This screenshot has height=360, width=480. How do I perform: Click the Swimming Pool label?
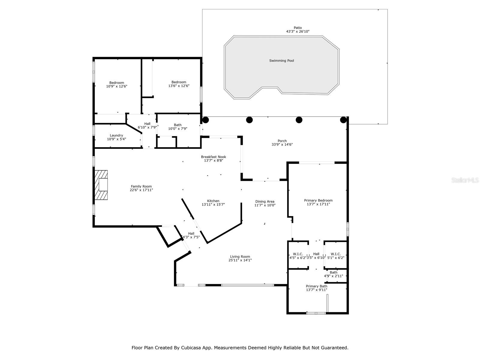[x=281, y=61]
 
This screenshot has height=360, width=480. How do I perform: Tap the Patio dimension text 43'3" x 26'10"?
[x=298, y=31]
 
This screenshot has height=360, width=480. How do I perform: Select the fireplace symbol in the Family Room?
[x=101, y=185]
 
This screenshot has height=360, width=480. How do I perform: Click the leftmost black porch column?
[x=205, y=120]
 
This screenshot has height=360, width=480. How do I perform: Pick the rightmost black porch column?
[x=343, y=120]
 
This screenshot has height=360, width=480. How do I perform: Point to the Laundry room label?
[x=116, y=135]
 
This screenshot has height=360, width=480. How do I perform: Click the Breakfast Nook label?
[x=213, y=157]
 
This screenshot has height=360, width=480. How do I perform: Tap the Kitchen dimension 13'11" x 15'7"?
[x=213, y=205]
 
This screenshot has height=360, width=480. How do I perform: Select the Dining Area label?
[x=265, y=202]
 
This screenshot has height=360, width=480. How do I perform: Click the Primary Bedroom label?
[x=318, y=200]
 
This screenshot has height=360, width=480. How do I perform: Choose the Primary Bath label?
[x=316, y=286]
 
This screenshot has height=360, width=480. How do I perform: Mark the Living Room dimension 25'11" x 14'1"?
[x=240, y=260]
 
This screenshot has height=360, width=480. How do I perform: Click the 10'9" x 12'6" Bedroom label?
[x=116, y=83]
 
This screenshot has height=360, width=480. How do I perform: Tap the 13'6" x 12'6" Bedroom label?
[x=179, y=82]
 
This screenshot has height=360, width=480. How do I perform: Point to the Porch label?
[x=282, y=141]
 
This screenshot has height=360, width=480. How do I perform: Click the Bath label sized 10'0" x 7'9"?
[x=178, y=125]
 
